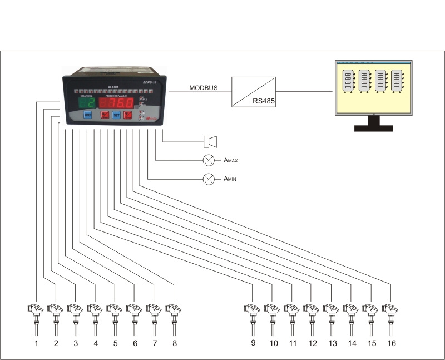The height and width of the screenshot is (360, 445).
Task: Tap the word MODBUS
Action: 204,88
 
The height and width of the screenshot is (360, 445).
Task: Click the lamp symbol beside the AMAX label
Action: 209,160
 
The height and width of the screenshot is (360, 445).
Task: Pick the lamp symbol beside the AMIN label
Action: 209,179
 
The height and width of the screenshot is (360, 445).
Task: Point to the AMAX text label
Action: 230,161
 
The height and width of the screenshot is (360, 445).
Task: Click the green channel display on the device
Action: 86,103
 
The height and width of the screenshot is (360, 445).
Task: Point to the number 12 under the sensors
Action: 313,343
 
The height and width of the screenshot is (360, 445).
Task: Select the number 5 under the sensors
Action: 116,343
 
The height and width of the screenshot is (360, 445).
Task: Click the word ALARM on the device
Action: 113,87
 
